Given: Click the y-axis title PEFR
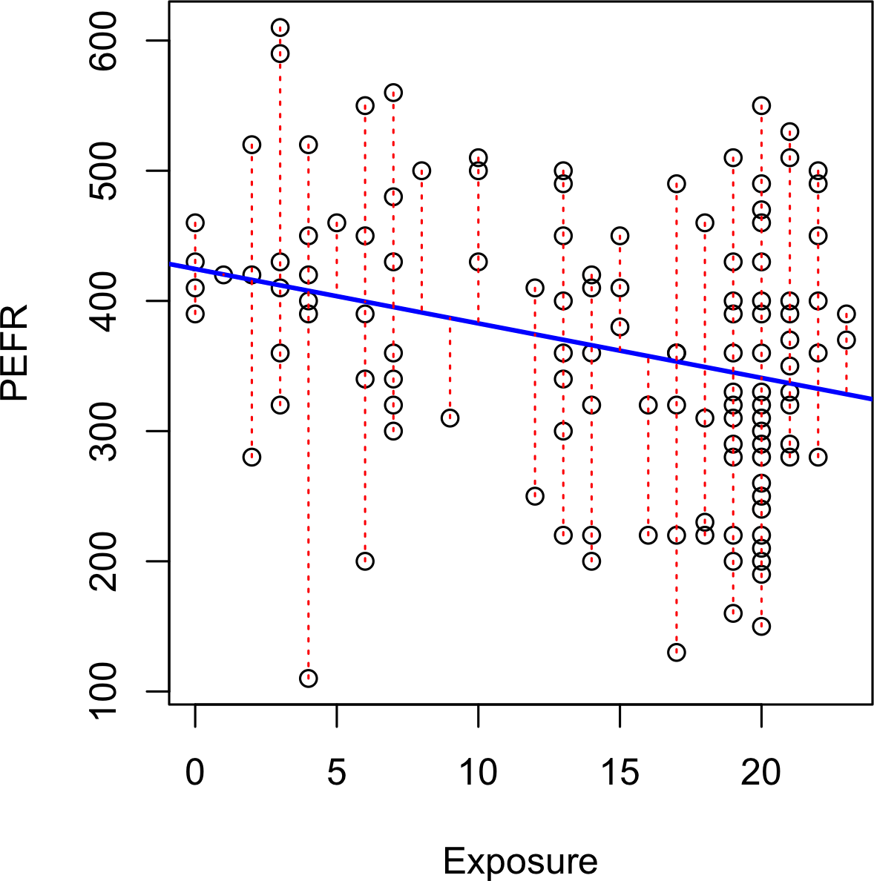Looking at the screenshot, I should click(x=15, y=353).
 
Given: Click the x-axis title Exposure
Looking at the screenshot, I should click(x=520, y=862).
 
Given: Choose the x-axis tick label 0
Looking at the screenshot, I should click(x=195, y=772).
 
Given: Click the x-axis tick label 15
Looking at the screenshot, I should click(x=620, y=772).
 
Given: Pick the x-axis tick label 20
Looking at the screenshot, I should click(x=761, y=772).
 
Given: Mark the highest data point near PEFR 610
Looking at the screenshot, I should click(x=280, y=28).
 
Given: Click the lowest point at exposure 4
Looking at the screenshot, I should click(x=309, y=678).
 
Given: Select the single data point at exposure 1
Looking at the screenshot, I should click(x=223, y=275).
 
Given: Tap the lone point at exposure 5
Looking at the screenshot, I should click(x=337, y=222).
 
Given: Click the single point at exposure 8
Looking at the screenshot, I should click(x=421, y=171).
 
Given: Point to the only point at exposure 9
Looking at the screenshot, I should click(x=450, y=418).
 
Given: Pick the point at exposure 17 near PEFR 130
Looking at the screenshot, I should click(x=676, y=653).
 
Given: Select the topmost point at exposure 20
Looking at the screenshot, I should click(x=761, y=105).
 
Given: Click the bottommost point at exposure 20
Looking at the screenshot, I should click(x=761, y=626).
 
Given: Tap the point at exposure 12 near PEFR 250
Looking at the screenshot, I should click(x=535, y=496).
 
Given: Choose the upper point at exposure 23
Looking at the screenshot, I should click(x=847, y=314).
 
